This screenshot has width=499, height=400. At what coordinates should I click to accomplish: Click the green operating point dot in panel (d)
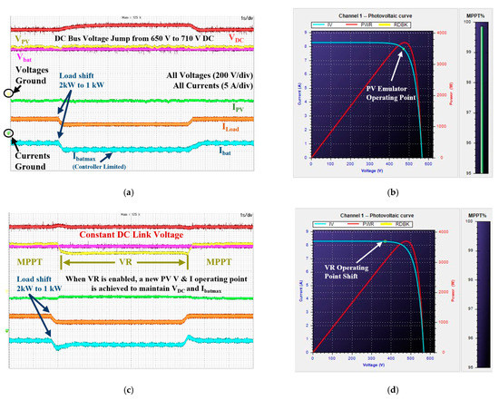[x=384, y=241]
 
